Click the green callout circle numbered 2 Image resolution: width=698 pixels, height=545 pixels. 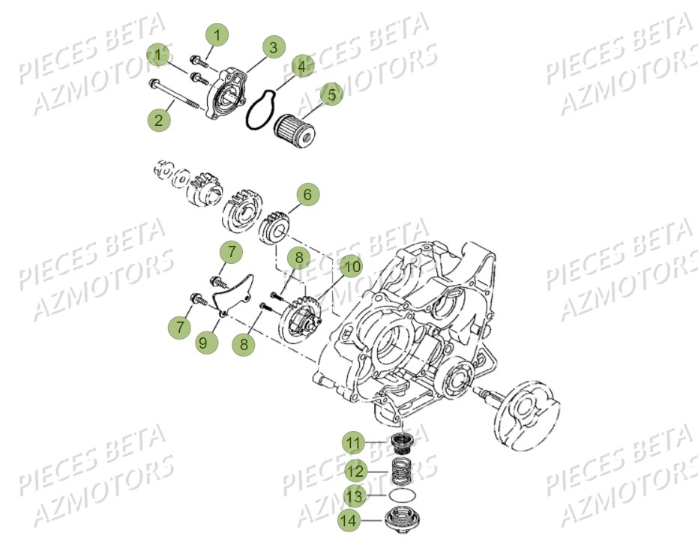coord(158,118)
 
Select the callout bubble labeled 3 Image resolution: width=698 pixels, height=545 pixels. coord(274,47)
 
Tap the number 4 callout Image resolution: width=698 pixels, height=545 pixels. coord(301,67)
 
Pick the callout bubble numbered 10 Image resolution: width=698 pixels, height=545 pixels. coord(351,265)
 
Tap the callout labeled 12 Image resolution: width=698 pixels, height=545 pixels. coord(355,470)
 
